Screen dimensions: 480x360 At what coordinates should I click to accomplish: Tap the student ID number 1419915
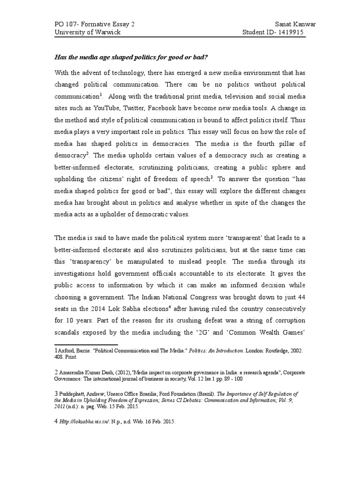(295, 32)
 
